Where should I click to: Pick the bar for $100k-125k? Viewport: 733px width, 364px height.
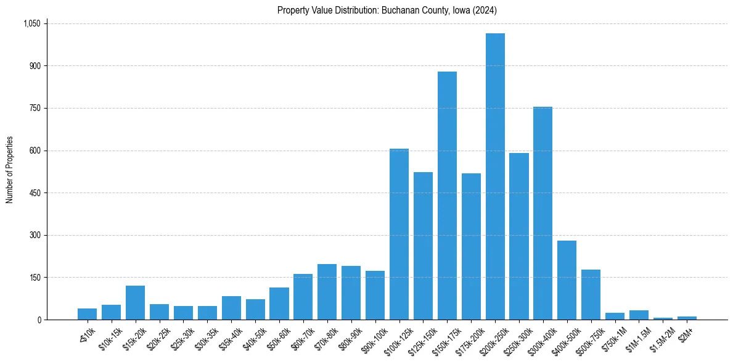click(399, 234)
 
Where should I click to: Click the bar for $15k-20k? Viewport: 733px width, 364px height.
click(135, 303)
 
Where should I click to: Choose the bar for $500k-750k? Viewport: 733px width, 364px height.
click(591, 295)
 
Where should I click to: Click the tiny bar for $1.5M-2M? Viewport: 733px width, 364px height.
click(663, 318)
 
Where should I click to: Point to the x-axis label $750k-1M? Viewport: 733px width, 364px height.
click(613, 338)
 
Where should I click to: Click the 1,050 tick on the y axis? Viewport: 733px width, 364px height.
click(31, 23)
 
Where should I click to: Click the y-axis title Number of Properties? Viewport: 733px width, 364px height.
click(9, 170)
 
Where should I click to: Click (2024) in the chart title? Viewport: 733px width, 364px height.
click(485, 10)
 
